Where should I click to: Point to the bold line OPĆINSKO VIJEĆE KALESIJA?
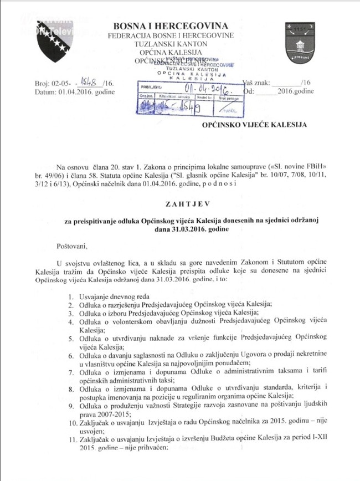point(263,126)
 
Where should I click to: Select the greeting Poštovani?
point(72,244)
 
